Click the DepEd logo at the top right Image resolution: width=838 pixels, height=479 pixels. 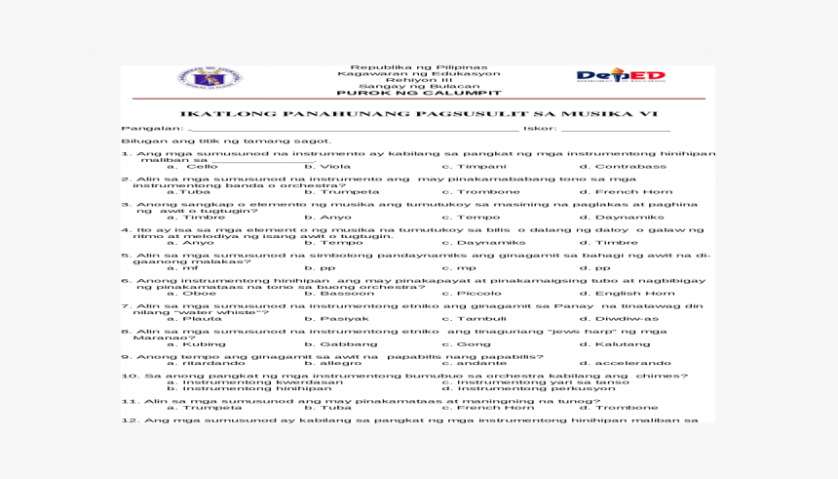[x=621, y=77]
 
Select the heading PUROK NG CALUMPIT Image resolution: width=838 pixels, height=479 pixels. [x=418, y=94]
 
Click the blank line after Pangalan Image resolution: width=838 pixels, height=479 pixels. [x=351, y=128]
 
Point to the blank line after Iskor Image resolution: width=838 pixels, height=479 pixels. [x=615, y=128]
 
